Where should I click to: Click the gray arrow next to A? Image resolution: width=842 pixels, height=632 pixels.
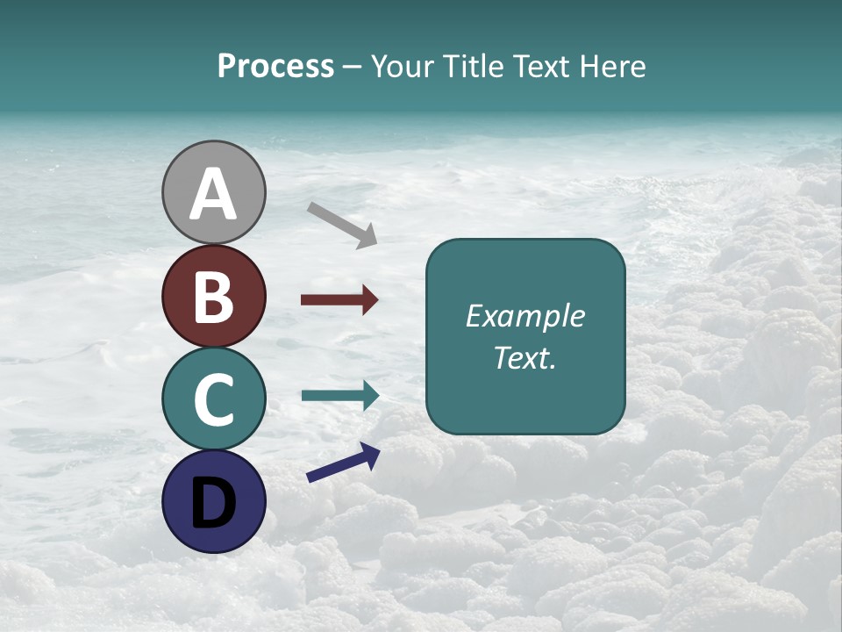(x=342, y=225)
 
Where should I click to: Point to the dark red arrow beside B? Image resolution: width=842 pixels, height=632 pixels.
(x=339, y=300)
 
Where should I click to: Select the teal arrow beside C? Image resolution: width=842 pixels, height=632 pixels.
(x=340, y=395)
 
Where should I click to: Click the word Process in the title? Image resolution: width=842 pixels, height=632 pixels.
(x=275, y=67)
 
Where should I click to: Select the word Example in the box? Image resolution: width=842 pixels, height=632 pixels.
(x=524, y=316)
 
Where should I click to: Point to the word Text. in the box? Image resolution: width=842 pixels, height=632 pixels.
(x=524, y=358)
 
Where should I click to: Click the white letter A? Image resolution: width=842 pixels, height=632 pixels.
(x=214, y=195)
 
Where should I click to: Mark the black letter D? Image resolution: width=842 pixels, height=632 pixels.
(x=214, y=503)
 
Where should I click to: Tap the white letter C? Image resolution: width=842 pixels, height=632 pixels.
(x=214, y=399)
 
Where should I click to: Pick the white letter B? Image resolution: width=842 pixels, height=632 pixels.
(x=214, y=297)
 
